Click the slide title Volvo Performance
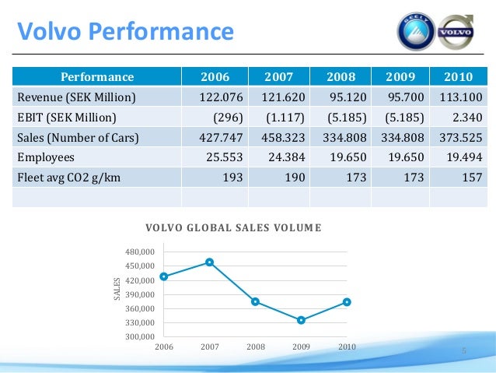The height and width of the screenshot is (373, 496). point(125,31)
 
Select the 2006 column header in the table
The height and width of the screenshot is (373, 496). point(215,77)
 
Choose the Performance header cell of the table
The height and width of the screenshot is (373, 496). point(98,77)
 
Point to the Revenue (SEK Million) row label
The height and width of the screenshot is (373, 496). point(76,97)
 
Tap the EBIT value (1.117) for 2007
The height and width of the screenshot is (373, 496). point(285,118)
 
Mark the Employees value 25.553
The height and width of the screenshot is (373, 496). point(222,158)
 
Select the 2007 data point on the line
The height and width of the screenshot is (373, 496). point(209,262)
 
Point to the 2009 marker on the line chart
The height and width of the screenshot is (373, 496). point(301,320)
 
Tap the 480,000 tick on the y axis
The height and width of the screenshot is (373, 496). point(141,252)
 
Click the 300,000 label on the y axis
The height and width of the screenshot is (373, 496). point(141,336)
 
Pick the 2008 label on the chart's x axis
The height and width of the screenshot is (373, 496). point(255,347)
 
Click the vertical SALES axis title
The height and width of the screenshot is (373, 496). point(117,289)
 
